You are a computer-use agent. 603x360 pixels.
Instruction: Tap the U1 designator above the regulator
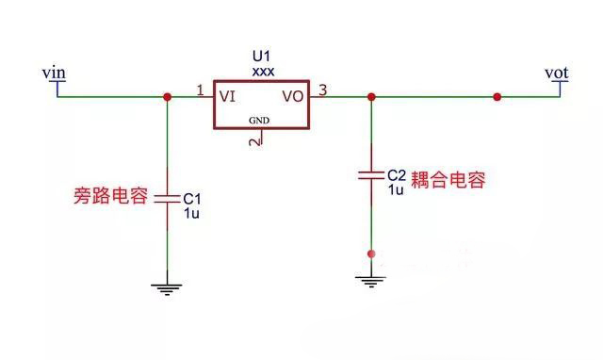[x=262, y=56]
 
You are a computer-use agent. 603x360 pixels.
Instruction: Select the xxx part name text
[x=262, y=70]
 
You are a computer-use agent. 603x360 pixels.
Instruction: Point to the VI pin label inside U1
[x=227, y=96]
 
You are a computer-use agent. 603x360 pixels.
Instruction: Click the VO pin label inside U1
[x=293, y=96]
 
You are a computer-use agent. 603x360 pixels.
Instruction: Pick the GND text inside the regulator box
[x=259, y=121]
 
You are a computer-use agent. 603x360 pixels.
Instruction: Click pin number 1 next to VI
[x=200, y=90]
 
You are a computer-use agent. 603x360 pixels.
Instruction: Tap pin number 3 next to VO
[x=323, y=90]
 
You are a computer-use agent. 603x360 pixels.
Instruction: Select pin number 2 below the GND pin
[x=253, y=142]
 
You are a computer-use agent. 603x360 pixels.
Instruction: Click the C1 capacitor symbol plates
[x=167, y=199]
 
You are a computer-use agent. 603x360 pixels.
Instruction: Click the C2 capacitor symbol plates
[x=371, y=174]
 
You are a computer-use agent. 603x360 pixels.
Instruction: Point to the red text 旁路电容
[x=110, y=198]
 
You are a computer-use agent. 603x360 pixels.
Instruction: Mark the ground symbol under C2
[x=371, y=279]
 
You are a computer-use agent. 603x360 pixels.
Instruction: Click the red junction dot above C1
[x=167, y=96]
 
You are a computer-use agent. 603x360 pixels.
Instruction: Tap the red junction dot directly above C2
[x=371, y=96]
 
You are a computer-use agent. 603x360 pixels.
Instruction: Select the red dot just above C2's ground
[x=371, y=254]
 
